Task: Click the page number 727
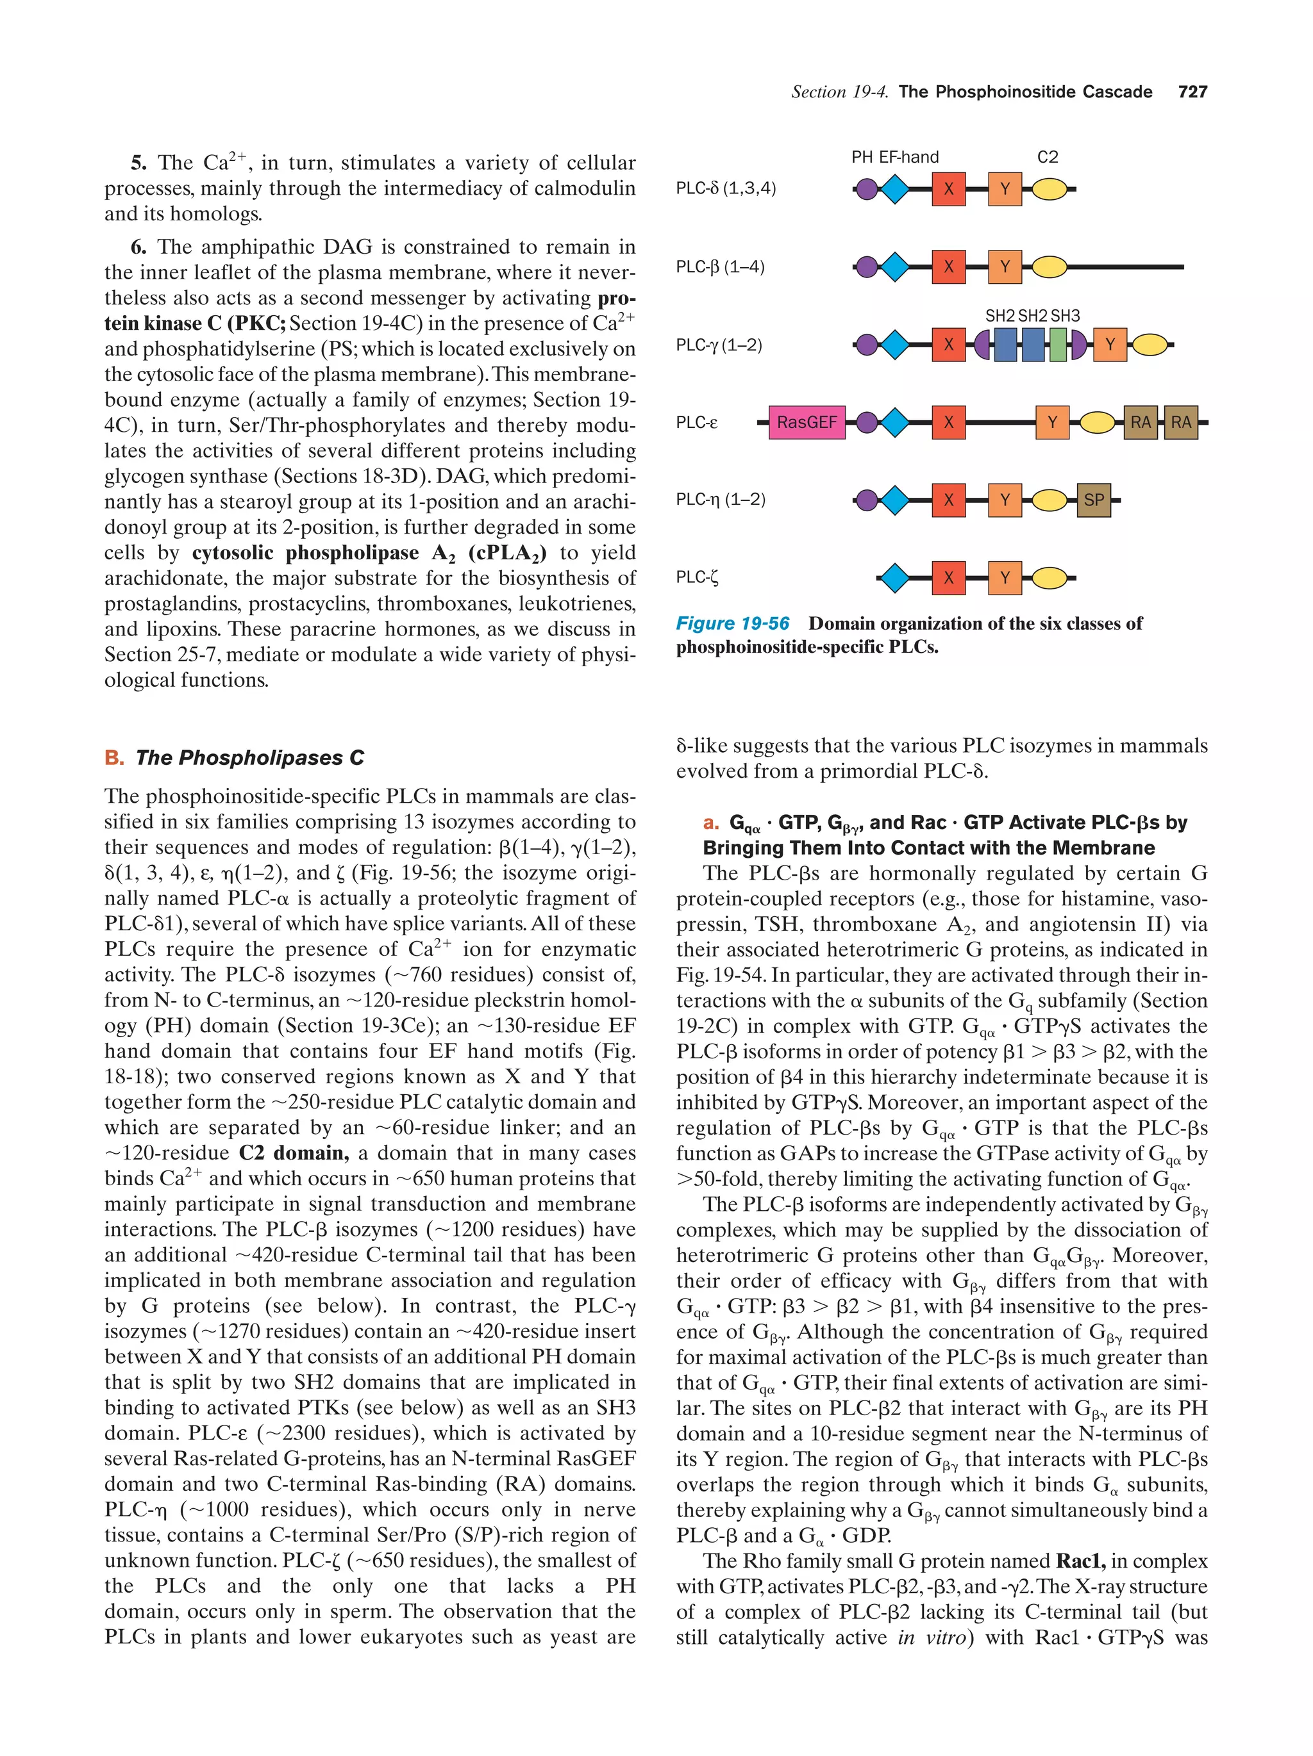point(1192,92)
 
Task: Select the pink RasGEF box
point(807,422)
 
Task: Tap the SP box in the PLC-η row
point(1094,500)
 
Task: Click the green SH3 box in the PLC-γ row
point(1058,345)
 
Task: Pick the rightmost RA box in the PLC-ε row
point(1180,422)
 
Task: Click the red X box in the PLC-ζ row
point(948,578)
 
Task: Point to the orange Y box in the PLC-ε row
point(1053,422)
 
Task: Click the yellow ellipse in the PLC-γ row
point(1150,345)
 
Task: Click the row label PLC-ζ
point(697,577)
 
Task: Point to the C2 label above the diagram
point(1048,157)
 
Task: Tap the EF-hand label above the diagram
point(908,157)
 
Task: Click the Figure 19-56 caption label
point(732,623)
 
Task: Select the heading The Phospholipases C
point(249,757)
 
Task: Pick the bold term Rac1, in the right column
point(1080,1561)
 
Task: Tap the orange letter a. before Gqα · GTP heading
point(711,823)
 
